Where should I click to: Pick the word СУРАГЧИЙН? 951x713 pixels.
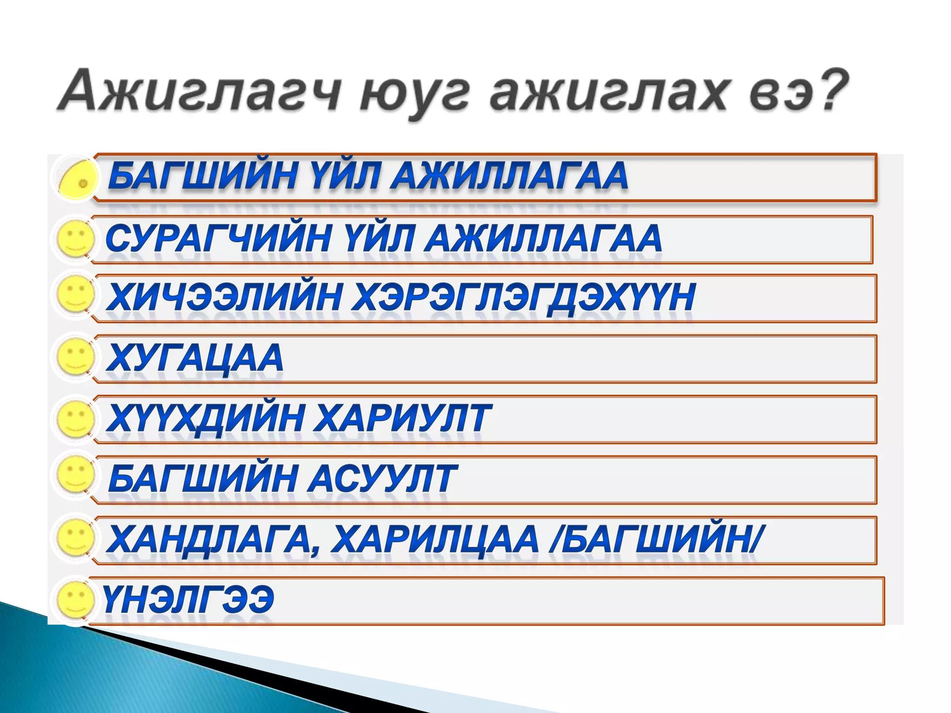pyautogui.click(x=219, y=239)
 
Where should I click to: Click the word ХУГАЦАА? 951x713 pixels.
pyautogui.click(x=195, y=358)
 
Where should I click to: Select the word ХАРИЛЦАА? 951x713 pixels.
pyautogui.click(x=435, y=540)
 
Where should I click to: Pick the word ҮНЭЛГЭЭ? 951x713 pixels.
pyautogui.click(x=188, y=600)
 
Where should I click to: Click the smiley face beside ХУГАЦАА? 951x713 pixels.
pyautogui.click(x=75, y=357)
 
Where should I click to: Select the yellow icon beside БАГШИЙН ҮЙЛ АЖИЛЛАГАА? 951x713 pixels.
pyautogui.click(x=78, y=179)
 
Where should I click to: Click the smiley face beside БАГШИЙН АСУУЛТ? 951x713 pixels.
pyautogui.click(x=75, y=476)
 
